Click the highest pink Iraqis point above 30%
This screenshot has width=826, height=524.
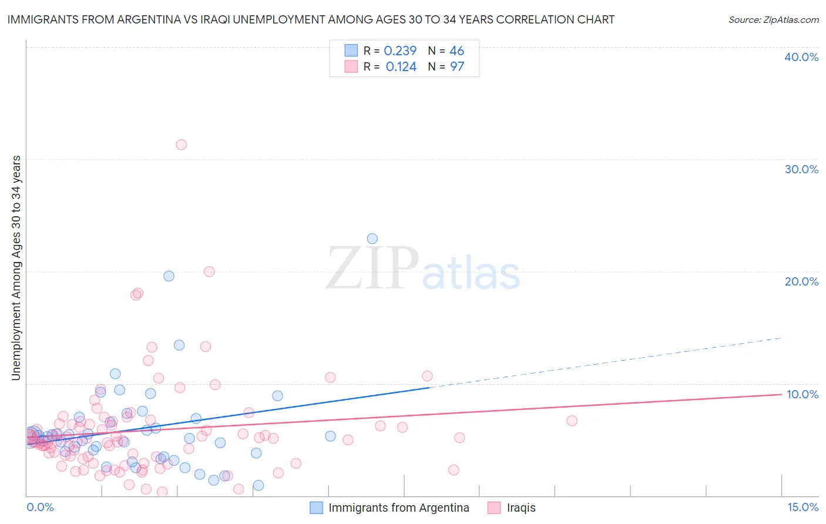point(181,145)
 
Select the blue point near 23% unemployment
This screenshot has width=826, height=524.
point(372,239)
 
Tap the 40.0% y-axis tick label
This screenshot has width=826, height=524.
point(801,57)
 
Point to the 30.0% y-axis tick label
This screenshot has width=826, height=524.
point(801,169)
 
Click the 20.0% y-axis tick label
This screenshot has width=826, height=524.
point(801,281)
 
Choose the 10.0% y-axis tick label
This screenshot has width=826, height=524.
point(802,394)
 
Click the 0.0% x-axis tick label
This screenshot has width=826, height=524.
point(40,507)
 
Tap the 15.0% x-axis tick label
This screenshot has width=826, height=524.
point(803,507)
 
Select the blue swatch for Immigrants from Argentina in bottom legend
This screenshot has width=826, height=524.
point(316,508)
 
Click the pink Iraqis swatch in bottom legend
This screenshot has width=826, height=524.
point(494,508)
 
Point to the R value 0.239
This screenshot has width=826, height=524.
point(400,51)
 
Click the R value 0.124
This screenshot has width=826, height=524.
point(401,67)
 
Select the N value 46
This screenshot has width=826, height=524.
point(457,51)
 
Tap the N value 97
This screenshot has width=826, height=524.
point(457,67)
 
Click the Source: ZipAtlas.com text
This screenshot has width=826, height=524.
point(773,19)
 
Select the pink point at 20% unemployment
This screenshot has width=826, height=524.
point(209,271)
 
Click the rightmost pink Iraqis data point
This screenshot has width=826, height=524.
point(572,421)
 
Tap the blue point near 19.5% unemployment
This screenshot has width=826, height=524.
point(169,276)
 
